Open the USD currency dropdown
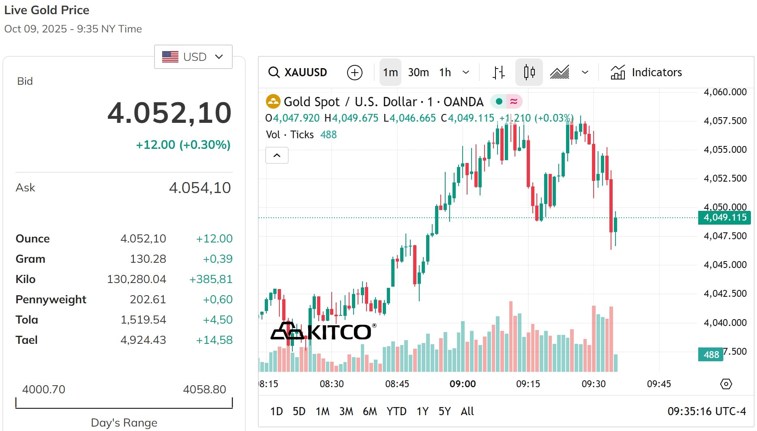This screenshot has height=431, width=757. tap(193, 57)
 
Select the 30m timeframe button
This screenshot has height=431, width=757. tap(418, 72)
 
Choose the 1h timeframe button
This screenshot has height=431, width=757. tap(445, 72)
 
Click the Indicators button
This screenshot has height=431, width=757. tap(646, 72)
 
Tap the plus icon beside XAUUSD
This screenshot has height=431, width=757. tap(354, 73)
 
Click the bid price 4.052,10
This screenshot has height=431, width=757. tap(169, 113)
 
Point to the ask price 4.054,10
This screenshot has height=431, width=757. tap(199, 188)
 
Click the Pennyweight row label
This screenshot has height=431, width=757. tap(51, 299)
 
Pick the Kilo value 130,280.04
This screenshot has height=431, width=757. tap(136, 279)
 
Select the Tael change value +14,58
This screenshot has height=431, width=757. tap(214, 340)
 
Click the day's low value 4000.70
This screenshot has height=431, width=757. tap(43, 389)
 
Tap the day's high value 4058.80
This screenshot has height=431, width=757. tap(204, 389)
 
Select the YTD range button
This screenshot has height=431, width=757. tap(396, 411)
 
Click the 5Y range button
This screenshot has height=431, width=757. tap(444, 411)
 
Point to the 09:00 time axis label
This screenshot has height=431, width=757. tap(463, 384)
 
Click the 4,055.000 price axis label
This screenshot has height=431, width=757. tap(725, 150)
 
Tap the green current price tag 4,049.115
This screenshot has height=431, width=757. tap(725, 217)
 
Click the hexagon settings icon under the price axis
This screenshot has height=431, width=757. tap(726, 384)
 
